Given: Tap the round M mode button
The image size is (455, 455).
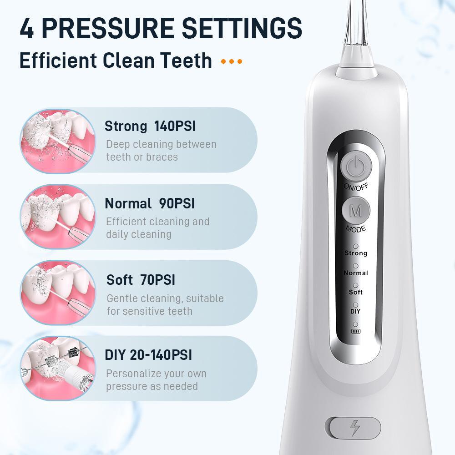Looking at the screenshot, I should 356,211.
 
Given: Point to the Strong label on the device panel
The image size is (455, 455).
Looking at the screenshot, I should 356,253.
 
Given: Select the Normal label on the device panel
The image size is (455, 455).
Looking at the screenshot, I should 356,273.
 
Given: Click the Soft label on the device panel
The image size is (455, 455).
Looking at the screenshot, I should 356,292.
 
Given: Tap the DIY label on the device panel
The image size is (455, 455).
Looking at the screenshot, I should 355,311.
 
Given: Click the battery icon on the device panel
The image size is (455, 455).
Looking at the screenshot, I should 355,331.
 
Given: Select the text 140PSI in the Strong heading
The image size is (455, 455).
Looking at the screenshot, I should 175,126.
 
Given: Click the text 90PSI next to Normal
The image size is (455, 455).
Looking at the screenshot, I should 177,203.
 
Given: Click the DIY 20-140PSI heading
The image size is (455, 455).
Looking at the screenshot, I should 148,354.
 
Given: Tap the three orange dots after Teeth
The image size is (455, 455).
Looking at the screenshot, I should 232,61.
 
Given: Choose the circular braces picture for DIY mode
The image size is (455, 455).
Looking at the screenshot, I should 58,368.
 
